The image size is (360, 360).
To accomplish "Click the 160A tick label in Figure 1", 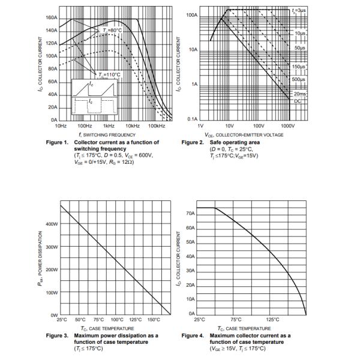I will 51,18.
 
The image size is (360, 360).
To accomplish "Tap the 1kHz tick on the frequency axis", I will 109,126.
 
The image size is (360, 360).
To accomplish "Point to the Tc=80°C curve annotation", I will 112,30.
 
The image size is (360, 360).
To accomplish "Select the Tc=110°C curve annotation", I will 110,74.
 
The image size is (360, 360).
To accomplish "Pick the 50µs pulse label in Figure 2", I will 300,47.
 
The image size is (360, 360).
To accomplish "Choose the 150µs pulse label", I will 299,67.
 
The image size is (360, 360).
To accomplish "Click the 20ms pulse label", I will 299,94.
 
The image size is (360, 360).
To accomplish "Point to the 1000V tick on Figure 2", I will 288,126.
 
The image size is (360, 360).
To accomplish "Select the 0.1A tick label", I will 192,119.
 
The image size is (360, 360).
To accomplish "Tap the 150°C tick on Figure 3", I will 154,320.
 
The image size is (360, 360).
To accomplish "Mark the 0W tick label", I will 53,315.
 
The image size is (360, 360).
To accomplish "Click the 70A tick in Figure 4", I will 190,214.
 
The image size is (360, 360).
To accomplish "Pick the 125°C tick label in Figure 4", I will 272,320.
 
